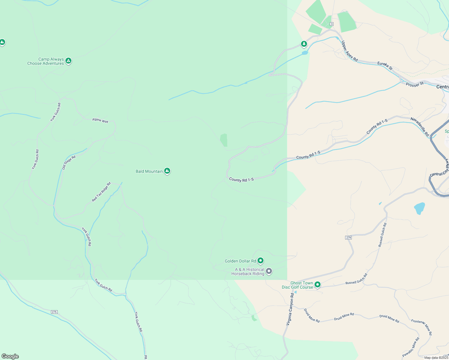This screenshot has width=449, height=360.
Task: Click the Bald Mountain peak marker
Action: click(x=167, y=171)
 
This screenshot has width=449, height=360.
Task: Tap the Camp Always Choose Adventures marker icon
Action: click(x=68, y=61)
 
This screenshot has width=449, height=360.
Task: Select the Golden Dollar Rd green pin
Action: click(x=261, y=261)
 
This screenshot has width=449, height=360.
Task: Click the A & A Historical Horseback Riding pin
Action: click(x=269, y=271)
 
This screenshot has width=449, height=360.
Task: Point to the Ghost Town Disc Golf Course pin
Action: click(x=317, y=284)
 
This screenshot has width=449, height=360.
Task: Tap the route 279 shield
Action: click(x=348, y=237)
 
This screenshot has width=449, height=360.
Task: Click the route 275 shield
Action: click(x=54, y=312)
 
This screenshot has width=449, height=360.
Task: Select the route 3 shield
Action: click(x=331, y=24)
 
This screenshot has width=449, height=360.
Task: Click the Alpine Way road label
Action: click(x=100, y=120)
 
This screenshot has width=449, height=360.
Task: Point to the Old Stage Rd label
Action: click(x=69, y=162)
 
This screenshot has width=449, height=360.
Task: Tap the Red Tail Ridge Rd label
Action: click(x=101, y=192)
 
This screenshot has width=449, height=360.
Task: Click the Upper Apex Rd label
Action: click(x=350, y=51)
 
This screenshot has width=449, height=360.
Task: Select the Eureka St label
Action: click(x=385, y=66)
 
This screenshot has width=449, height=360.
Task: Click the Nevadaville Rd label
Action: click(x=420, y=127)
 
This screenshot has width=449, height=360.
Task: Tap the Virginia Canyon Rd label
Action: click(x=290, y=309)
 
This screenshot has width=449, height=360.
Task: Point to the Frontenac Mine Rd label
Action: click(x=422, y=327)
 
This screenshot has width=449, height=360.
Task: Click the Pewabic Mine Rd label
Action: click(x=411, y=347)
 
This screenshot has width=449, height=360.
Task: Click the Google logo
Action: click(x=10, y=356)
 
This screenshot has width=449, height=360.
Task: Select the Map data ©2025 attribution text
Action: click(x=436, y=358)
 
